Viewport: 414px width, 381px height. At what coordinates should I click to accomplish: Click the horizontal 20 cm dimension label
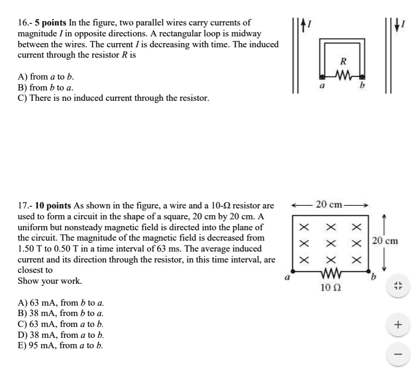[x=329, y=204]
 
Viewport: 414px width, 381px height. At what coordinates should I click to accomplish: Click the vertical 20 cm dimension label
[x=384, y=240]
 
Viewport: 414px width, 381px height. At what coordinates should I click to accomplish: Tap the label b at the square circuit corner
[x=371, y=278]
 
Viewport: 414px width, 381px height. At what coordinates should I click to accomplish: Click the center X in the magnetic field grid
[x=329, y=243]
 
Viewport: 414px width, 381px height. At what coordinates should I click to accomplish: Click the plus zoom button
[x=398, y=325]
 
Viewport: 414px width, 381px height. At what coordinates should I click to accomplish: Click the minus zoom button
[x=398, y=355]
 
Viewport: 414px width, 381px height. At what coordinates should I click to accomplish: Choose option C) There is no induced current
[x=113, y=98]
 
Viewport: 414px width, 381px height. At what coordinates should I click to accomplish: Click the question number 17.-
[x=25, y=205]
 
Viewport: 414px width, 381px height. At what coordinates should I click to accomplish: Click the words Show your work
[x=49, y=281]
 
